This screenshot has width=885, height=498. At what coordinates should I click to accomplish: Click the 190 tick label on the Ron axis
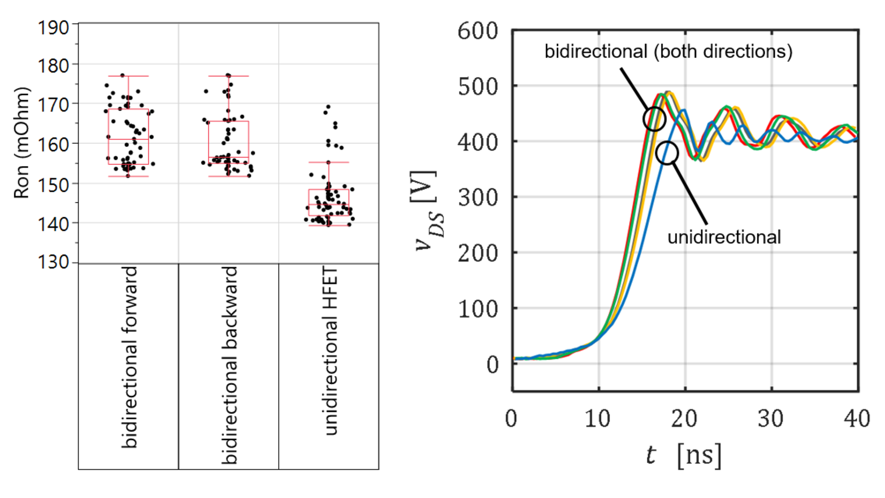pyautogui.click(x=53, y=28)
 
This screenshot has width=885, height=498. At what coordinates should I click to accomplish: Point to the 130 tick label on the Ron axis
pyautogui.click(x=53, y=262)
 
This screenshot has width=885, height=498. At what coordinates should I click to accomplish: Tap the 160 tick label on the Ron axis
pyautogui.click(x=53, y=145)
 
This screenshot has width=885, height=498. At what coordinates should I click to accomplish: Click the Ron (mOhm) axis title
pyautogui.click(x=21, y=143)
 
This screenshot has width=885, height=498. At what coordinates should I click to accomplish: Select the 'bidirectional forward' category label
pyautogui.click(x=130, y=357)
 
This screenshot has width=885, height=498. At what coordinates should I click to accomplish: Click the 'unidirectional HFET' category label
pyautogui.click(x=330, y=350)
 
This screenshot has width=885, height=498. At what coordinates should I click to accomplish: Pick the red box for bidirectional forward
pyautogui.click(x=129, y=136)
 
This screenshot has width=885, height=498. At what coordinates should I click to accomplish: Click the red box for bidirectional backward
pyautogui.click(x=229, y=140)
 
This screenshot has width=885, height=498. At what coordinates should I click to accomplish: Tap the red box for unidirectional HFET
pyautogui.click(x=329, y=202)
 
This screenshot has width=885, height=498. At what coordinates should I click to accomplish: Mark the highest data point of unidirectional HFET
pyautogui.click(x=328, y=107)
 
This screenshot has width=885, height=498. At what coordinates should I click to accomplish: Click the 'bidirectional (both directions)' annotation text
pyautogui.click(x=668, y=51)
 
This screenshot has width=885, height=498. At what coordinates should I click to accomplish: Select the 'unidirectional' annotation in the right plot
pyautogui.click(x=724, y=237)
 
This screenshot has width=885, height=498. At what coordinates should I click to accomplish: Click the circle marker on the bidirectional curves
pyautogui.click(x=654, y=119)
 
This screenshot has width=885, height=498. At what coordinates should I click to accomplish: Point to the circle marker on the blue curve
pyautogui.click(x=667, y=153)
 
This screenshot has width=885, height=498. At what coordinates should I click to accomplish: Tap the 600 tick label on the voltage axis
pyautogui.click(x=478, y=31)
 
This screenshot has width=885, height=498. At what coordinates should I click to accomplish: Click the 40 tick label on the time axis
pyautogui.click(x=857, y=419)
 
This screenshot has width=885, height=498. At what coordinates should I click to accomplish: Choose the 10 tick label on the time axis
pyautogui.click(x=598, y=419)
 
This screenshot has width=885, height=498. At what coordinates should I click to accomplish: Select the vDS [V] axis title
pyautogui.click(x=428, y=210)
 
